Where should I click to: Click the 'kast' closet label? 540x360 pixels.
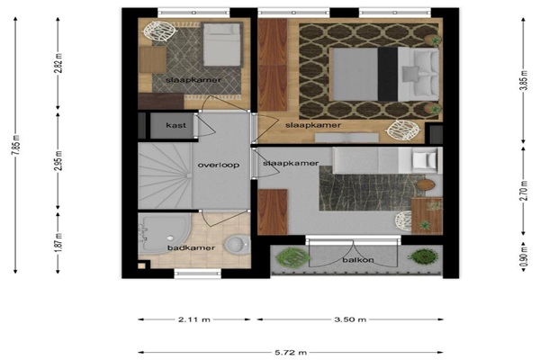pos(175,125)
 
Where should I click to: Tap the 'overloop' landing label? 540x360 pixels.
pos(219,165)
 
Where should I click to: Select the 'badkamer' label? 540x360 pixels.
pos(191,247)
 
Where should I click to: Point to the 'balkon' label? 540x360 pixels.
pos(358,260)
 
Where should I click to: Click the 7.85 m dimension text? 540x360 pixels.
pos(17,145)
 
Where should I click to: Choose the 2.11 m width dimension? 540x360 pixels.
pos(194,319)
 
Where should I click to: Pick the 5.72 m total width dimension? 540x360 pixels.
pos(291,353)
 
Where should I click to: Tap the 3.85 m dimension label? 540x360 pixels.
pos(524,80)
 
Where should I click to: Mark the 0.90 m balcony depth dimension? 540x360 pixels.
pos(524,256)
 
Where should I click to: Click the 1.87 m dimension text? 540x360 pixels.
pos(59,242)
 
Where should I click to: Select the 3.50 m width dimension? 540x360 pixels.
pos(350,319)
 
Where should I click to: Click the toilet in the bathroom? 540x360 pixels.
pos(238,245)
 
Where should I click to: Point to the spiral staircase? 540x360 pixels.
pos(165,175)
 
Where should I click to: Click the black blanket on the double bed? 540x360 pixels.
pos(388,74)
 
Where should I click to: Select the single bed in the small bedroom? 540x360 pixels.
pos(221,44)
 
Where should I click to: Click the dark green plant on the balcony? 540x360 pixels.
pos(423,256)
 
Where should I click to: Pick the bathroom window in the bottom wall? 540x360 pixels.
pos(198,274)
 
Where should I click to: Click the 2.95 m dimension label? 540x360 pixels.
pos(59,160)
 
